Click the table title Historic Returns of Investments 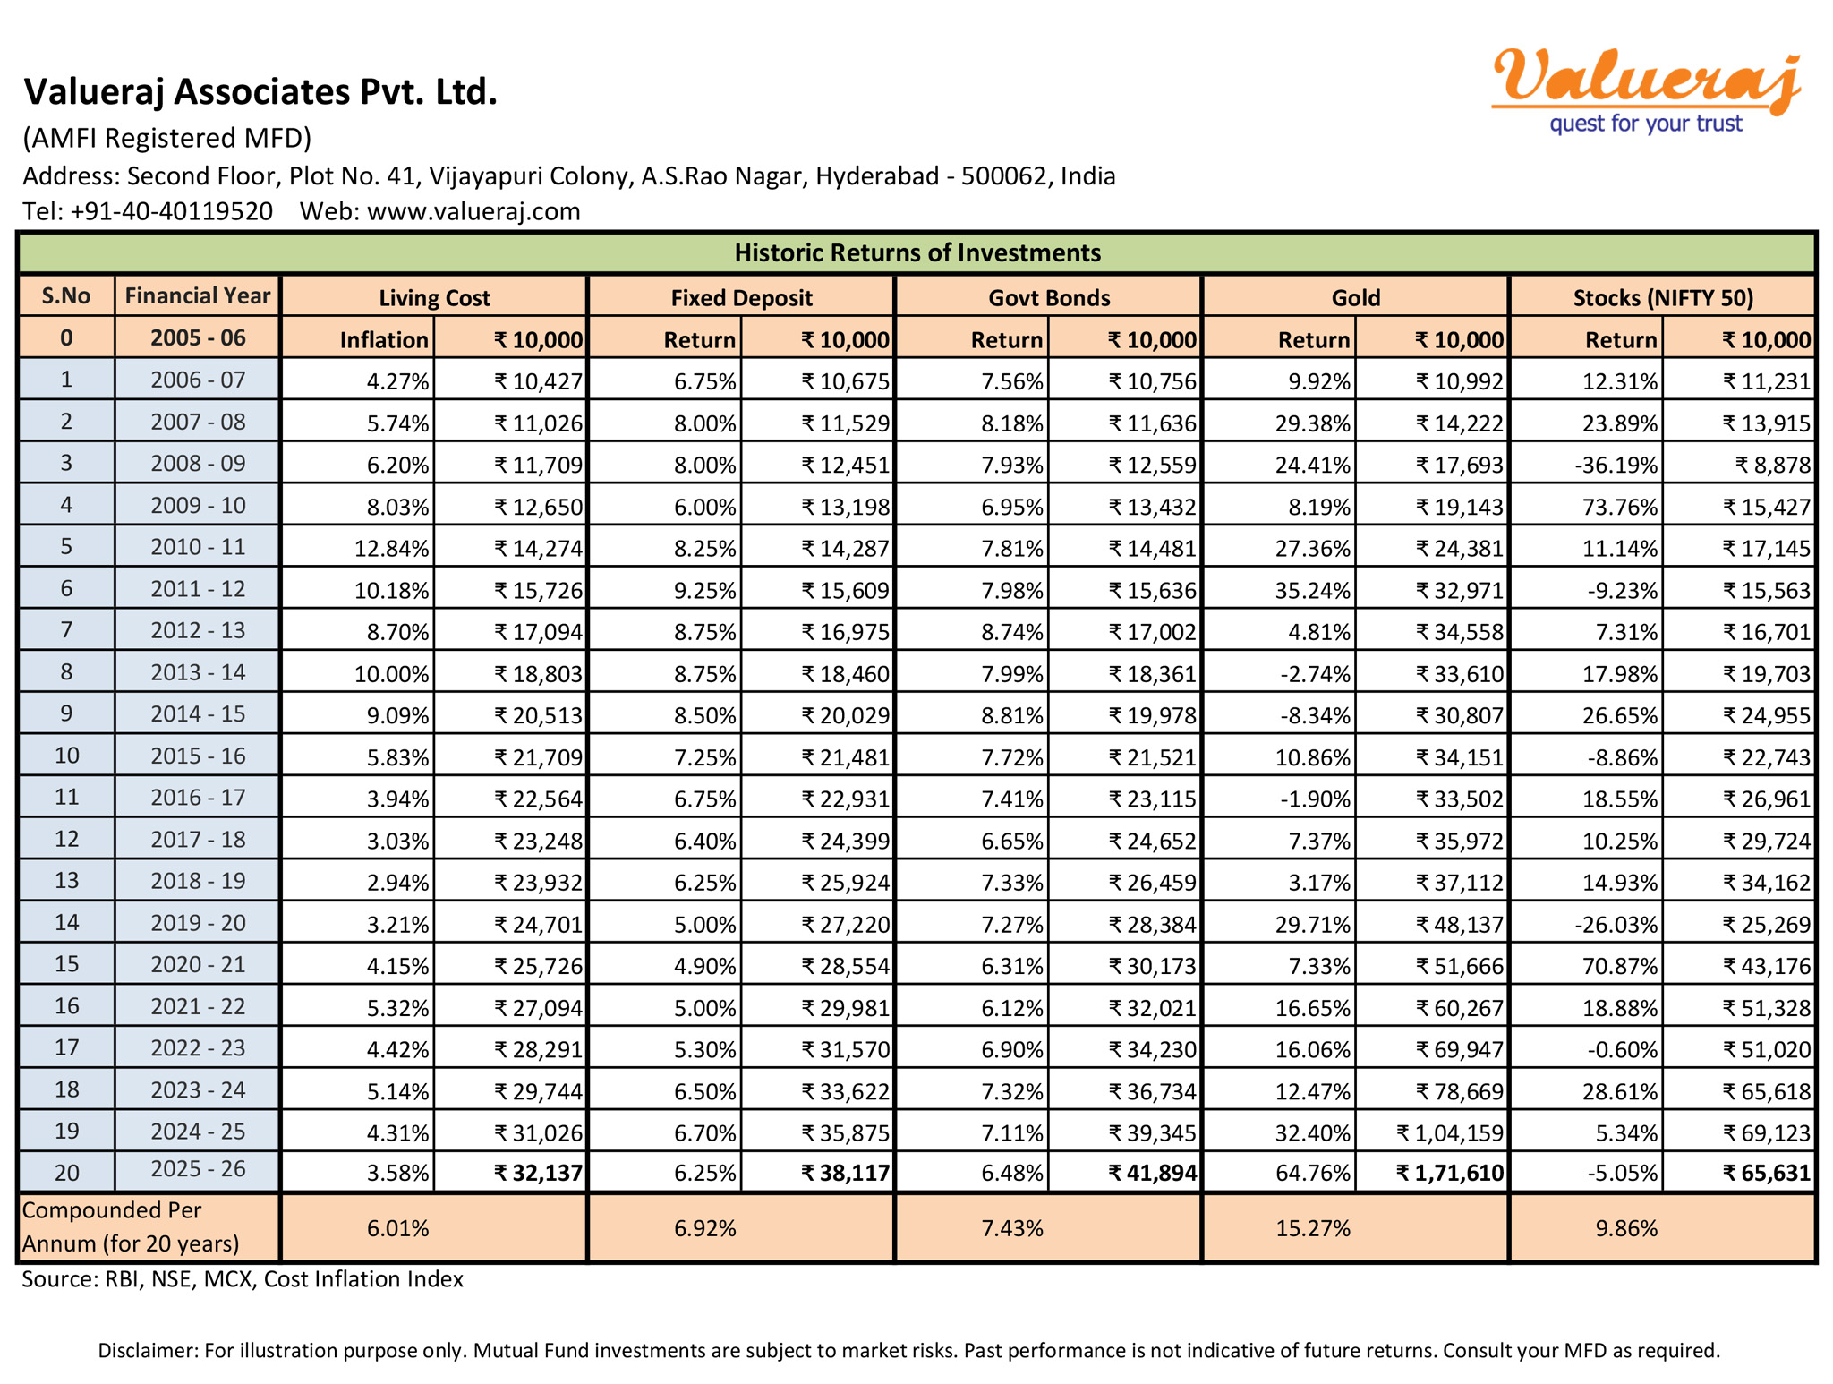(x=917, y=253)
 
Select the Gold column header (x=1355, y=298)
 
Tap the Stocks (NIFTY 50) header (x=1662, y=298)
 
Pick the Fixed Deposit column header (x=741, y=298)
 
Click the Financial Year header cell (x=197, y=296)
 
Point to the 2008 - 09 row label (x=197, y=464)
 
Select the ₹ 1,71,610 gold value (x=1450, y=1173)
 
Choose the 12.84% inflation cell (x=391, y=549)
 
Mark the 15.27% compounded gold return (x=1312, y=1228)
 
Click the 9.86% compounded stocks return (x=1625, y=1228)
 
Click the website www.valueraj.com (x=473, y=212)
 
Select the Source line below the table (x=243, y=1279)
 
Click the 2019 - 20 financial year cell (x=197, y=923)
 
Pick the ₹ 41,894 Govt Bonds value (x=1152, y=1173)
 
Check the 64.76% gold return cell (x=1312, y=1173)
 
